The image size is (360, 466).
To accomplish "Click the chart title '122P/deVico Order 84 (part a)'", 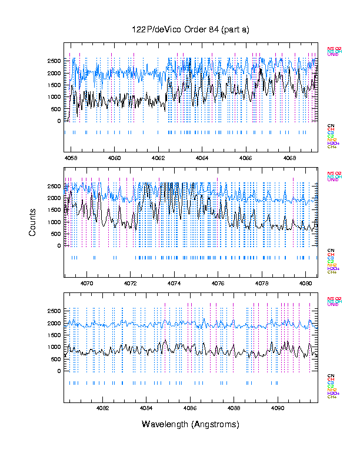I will click(x=191, y=30).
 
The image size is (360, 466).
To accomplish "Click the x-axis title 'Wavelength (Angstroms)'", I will click(x=191, y=424).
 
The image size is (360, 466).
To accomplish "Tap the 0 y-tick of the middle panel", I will click(x=59, y=246).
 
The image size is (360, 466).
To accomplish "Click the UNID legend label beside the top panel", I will click(x=333, y=55).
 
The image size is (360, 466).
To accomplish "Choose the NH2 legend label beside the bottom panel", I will click(x=332, y=390).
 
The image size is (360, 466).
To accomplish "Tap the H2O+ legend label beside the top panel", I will click(x=333, y=144).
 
